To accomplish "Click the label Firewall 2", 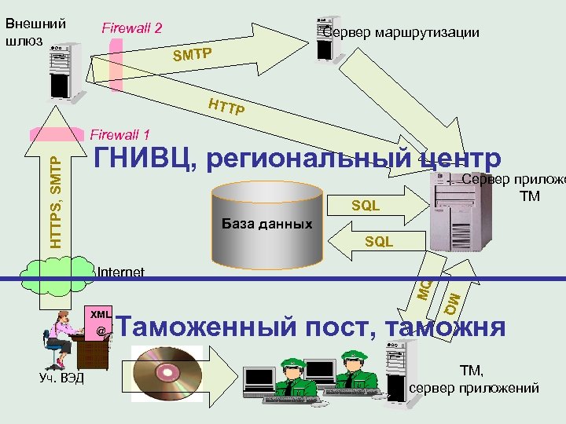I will (x=132, y=28).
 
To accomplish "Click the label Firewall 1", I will (x=121, y=135).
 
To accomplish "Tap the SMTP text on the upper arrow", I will (x=193, y=54).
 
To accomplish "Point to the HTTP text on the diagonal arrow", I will (x=226, y=106).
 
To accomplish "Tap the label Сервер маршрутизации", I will (x=401, y=33).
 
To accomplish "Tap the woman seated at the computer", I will (x=58, y=338).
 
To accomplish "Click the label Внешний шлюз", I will (x=35, y=31).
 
